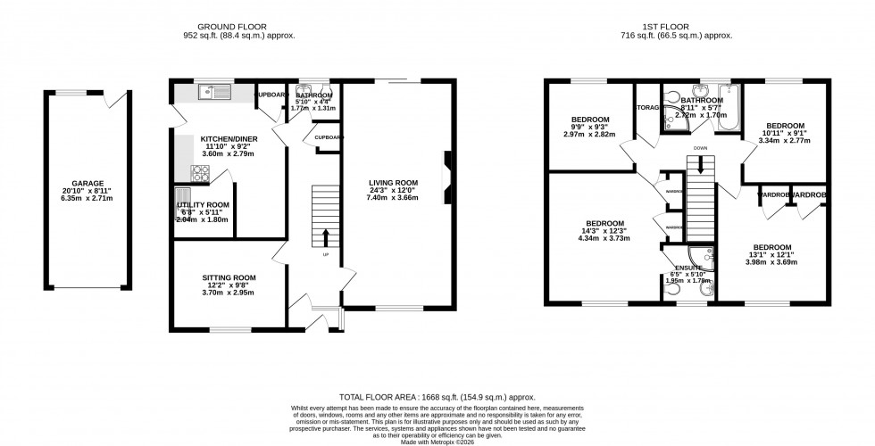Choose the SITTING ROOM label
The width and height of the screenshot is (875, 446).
229,277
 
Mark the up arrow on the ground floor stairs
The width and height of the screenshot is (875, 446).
324,236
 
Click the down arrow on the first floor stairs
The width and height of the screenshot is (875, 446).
701,165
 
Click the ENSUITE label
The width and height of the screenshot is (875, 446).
687,268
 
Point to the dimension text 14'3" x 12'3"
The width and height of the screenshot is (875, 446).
599,231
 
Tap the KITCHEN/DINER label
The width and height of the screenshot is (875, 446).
229,139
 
